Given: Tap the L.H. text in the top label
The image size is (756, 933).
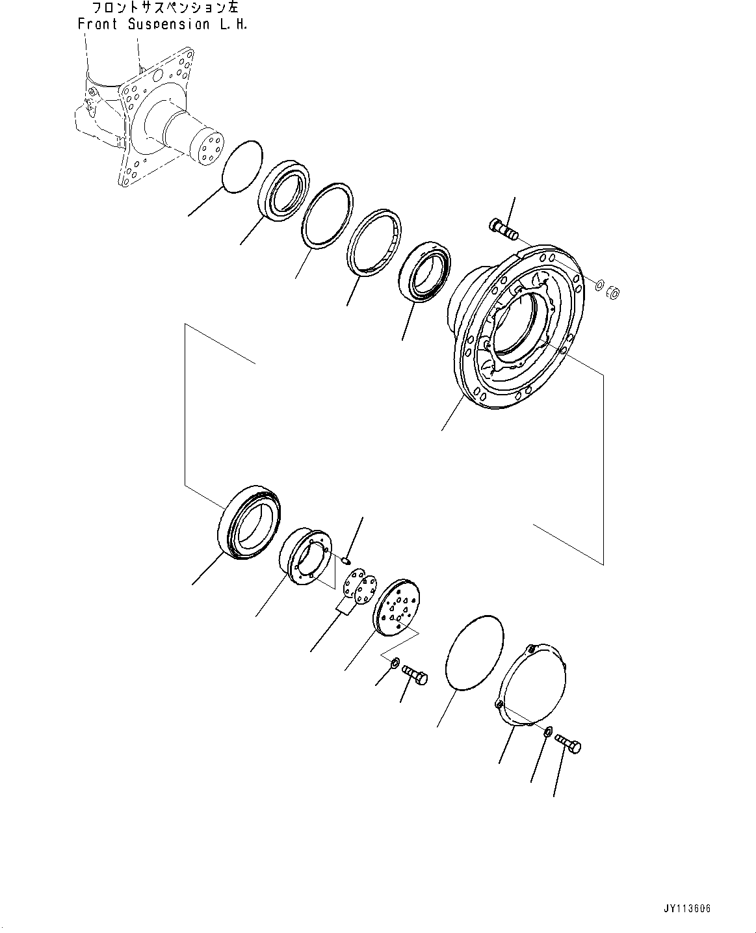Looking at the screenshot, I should [233, 25].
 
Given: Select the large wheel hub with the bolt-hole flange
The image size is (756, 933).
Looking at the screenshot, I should [520, 325].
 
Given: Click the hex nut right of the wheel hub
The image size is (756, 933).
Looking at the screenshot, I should [614, 293].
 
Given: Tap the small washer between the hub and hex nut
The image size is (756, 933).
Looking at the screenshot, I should [599, 284].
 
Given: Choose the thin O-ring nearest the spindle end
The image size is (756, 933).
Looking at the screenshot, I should [242, 166].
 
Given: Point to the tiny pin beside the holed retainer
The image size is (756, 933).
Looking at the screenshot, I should [346, 558].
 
